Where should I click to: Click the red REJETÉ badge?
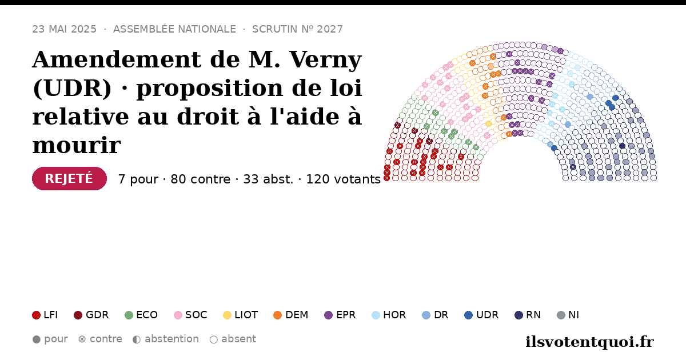tap(69, 178)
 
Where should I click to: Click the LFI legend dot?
tap(36, 315)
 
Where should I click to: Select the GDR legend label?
tap(97, 315)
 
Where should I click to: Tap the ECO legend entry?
tap(141, 315)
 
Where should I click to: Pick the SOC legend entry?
tap(190, 315)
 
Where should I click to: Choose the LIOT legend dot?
tap(228, 315)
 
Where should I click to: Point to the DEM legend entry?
tap(290, 315)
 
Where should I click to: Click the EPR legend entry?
tap(340, 315)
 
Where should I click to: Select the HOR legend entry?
tap(389, 315)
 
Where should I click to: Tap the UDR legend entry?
tap(481, 315)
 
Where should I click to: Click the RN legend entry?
tap(528, 315)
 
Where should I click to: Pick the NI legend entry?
tap(568, 315)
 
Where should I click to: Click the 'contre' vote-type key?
tap(100, 339)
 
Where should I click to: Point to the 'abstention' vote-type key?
tap(166, 339)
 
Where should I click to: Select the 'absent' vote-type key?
tap(233, 339)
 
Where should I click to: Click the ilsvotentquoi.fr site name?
tap(589, 342)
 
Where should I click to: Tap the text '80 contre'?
tap(200, 179)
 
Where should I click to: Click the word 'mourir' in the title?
tap(77, 145)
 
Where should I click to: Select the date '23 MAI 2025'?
tap(64, 29)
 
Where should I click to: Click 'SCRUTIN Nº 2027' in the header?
tap(297, 29)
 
